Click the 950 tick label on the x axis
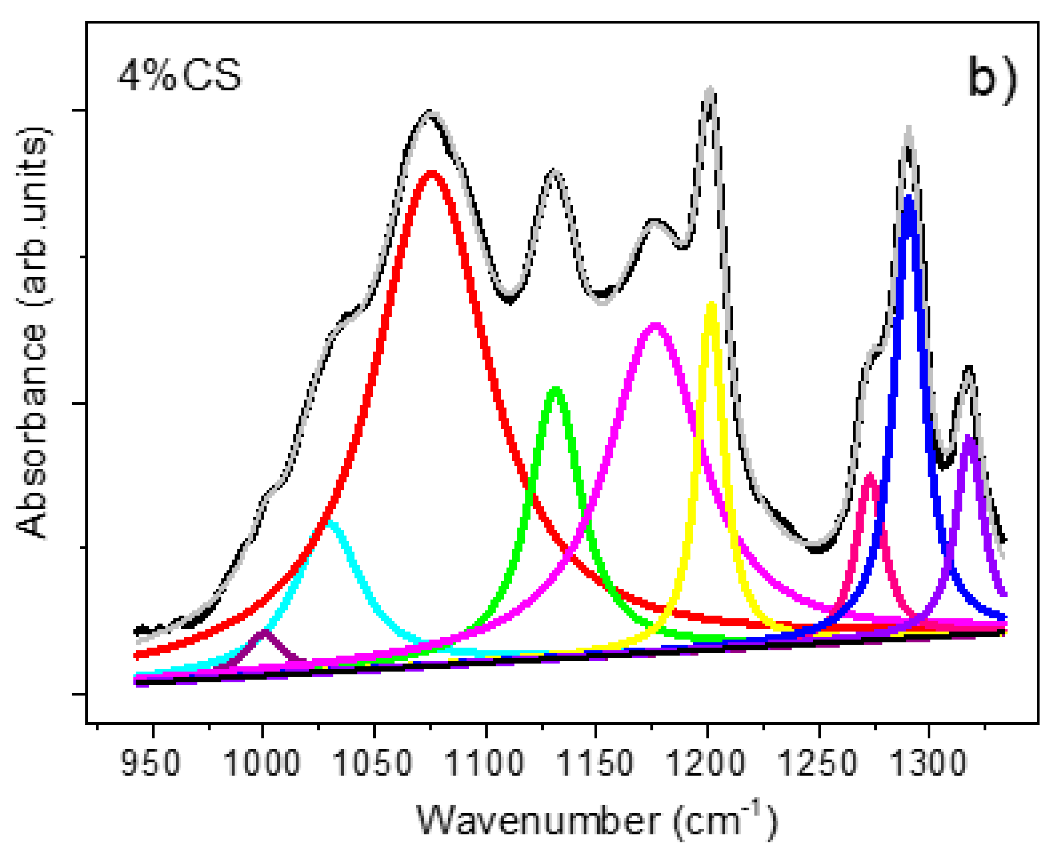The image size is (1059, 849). coord(151,762)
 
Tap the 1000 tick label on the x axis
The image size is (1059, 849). coord(261,762)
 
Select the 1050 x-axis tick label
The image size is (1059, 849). coord(372,762)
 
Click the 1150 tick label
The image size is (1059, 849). coord(595,762)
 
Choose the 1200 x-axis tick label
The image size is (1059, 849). coord(706,762)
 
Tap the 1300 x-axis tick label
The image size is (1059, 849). coord(928,762)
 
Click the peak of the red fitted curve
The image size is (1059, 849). coord(431,174)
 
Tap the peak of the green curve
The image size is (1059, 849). coord(556,390)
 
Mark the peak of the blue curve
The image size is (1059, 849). coord(909,199)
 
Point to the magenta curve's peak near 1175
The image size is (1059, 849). coord(655,325)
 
